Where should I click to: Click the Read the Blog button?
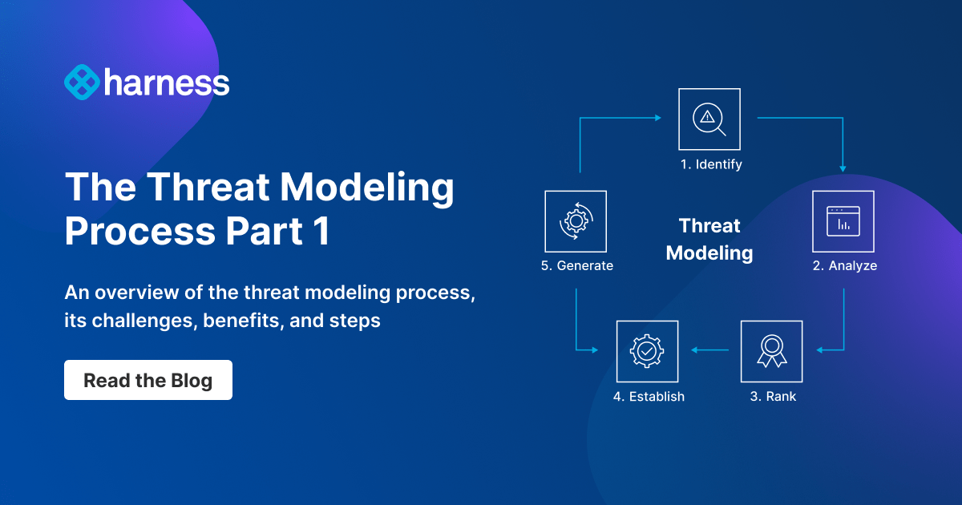[x=148, y=380]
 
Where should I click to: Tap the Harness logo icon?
[x=81, y=83]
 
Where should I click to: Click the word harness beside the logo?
[x=167, y=83]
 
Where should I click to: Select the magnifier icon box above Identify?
[x=709, y=119]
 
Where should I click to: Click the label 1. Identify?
[x=710, y=165]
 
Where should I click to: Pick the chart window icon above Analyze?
[x=843, y=221]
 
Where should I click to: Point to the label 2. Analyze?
[x=844, y=266]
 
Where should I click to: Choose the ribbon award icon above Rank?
[x=771, y=351]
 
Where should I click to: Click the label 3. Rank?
[x=773, y=397]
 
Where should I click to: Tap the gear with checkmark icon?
[x=647, y=351]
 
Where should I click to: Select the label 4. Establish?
[x=649, y=397]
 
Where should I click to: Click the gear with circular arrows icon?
[x=575, y=221]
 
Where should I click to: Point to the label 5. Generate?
[x=576, y=266]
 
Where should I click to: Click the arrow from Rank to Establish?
[x=709, y=350]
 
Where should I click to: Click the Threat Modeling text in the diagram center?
[x=709, y=240]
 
